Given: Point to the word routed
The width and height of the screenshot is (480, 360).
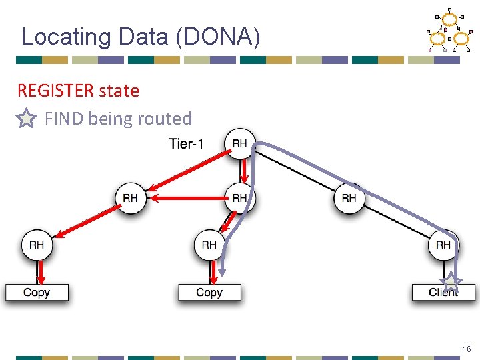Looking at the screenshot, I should pyautogui.click(x=163, y=119).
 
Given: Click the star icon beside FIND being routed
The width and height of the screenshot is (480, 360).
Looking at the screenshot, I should pyautogui.click(x=25, y=119).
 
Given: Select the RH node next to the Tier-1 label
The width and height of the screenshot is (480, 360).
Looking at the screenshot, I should pyautogui.click(x=239, y=143).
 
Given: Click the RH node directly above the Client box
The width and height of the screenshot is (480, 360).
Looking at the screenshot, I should pyautogui.click(x=443, y=245).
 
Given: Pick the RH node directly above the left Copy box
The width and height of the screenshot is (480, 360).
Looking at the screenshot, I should pyautogui.click(x=37, y=245).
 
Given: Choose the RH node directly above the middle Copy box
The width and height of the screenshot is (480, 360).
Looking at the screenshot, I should pyautogui.click(x=209, y=245).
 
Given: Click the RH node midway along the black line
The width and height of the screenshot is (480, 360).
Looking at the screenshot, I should pyautogui.click(x=349, y=198).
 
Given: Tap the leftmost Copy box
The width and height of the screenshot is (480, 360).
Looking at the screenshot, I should pyautogui.click(x=37, y=293).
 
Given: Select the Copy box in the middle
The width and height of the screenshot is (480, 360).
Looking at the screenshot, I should pyautogui.click(x=209, y=293).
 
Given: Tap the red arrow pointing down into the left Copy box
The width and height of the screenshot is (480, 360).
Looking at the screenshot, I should pyautogui.click(x=41, y=271).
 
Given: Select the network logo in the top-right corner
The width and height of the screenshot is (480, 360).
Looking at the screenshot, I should pyautogui.click(x=449, y=31).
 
